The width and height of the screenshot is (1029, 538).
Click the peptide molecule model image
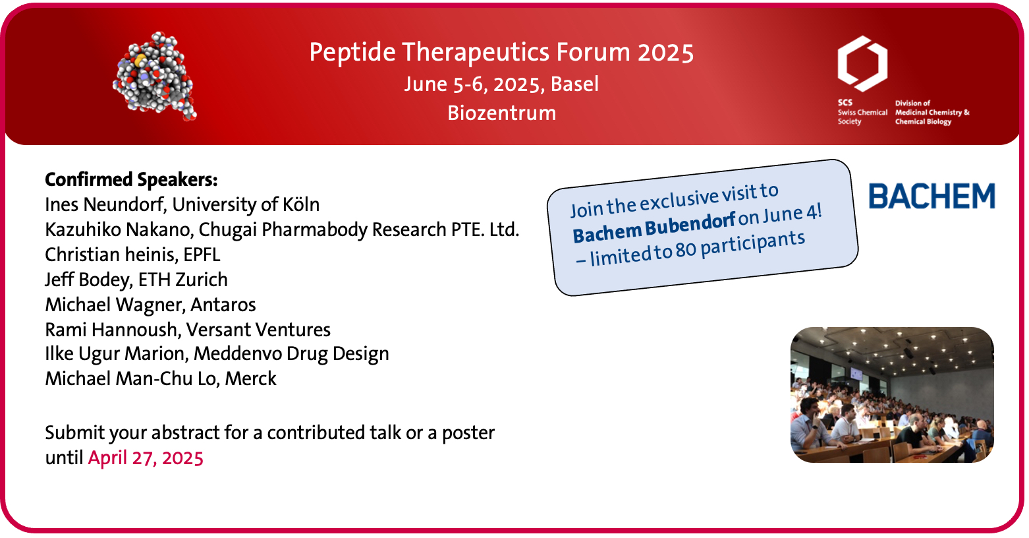point(155,76)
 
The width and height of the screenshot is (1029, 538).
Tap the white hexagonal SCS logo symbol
point(862,63)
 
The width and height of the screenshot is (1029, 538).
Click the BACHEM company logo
point(932,196)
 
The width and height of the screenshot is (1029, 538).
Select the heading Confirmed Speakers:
point(131,180)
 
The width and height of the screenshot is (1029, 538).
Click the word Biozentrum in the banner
point(501,113)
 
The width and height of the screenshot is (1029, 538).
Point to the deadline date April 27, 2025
point(146,458)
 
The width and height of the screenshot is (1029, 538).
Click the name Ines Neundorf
point(105,204)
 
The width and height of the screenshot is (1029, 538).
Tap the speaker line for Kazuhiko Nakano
point(282,230)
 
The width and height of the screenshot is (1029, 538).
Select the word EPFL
point(202,254)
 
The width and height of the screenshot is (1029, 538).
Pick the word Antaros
point(223,305)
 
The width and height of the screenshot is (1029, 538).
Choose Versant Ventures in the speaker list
point(258,330)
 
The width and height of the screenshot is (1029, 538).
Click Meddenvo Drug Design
point(291,354)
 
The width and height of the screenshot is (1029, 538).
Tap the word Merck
point(251,379)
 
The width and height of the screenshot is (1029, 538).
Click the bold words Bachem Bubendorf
point(654,227)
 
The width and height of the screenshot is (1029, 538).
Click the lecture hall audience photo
point(892,395)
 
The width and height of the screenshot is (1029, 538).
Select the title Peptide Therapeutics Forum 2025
point(501,52)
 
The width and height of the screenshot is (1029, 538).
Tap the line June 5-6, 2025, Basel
point(501,84)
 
